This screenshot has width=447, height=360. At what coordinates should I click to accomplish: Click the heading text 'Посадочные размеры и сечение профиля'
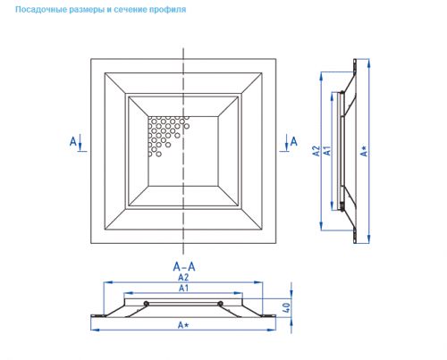coord(101,10)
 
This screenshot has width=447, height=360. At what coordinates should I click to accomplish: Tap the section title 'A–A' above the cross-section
coord(184,266)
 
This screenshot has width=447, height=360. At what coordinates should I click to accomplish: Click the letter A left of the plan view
coord(73,141)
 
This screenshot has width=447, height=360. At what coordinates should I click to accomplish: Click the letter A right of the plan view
coord(294,141)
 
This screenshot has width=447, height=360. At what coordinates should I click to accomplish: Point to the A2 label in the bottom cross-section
coord(183,277)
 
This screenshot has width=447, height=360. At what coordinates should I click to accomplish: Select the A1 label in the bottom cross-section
coord(183,288)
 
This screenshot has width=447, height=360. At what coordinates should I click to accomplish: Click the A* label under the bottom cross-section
coord(183,325)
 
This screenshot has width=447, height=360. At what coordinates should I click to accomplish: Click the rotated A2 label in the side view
coord(316,151)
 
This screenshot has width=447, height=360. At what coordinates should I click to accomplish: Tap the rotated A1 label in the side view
coord(327,150)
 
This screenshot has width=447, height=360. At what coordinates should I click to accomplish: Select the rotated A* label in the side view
coord(364,151)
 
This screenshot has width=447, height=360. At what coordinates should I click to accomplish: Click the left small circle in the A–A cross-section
coord(146,304)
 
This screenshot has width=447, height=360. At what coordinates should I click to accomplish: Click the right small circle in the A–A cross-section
coord(220,304)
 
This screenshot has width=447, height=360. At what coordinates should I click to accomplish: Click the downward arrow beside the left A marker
coord(80,142)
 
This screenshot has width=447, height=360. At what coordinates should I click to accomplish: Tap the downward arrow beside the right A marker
coord(286,142)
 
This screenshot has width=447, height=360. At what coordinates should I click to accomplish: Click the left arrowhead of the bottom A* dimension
coord(94,330)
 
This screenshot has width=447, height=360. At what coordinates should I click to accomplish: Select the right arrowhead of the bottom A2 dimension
coord(258,282)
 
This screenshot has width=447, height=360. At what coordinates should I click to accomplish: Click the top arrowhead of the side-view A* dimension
coord(369,63)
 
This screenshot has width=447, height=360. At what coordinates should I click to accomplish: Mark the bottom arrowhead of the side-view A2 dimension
coord(321,226)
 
